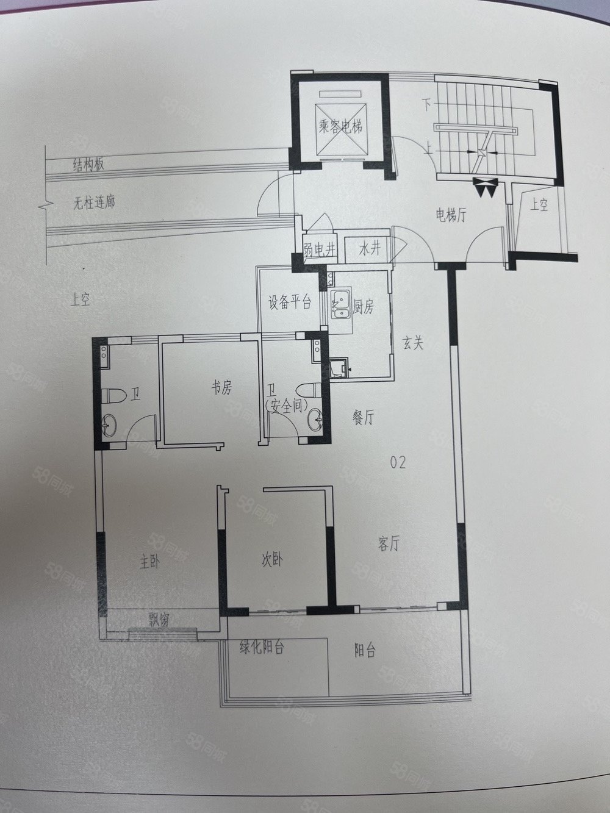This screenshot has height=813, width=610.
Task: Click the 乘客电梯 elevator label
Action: pos(340,126)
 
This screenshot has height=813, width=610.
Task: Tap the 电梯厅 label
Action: pos(451,215)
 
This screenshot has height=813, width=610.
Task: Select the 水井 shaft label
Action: pos(370,249)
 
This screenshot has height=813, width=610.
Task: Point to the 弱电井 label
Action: pos(319,251)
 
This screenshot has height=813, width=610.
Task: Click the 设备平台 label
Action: pos(289,303)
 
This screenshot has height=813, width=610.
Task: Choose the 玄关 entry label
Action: pos(412,344)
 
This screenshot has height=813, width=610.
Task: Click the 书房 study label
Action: pos(221,388)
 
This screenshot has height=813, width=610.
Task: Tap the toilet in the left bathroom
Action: pos(111,396)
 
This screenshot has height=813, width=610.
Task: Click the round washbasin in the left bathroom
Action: pos(109,425)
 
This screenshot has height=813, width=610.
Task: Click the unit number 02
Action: pos(398,462)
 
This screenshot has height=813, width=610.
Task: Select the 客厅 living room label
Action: pos(389,544)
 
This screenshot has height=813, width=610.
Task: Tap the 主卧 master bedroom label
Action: pos(149,562)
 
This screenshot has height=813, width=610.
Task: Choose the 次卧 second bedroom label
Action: pos(271,560)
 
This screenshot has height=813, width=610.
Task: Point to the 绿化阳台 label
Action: pos(262,648)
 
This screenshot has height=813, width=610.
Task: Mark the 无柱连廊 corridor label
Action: pos(94,202)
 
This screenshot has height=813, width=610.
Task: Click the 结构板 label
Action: pos(88,165)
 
